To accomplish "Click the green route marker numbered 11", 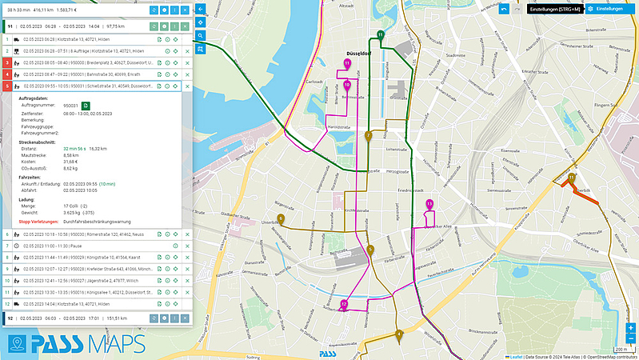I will click(x=381, y=35).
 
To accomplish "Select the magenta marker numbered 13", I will click(x=429, y=204).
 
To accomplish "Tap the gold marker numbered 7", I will click(x=368, y=136).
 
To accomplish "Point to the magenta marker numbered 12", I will click(x=343, y=304).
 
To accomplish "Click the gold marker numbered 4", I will click(x=398, y=334).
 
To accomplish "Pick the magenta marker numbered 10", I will click(x=346, y=84).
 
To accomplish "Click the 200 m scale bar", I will click(x=621, y=350).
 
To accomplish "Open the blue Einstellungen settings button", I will click(x=609, y=9).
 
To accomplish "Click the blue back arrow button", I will click(x=200, y=9).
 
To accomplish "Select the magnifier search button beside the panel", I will click(x=200, y=35).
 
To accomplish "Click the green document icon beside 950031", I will click(x=86, y=105).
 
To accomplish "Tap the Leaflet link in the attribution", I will click(x=515, y=356).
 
